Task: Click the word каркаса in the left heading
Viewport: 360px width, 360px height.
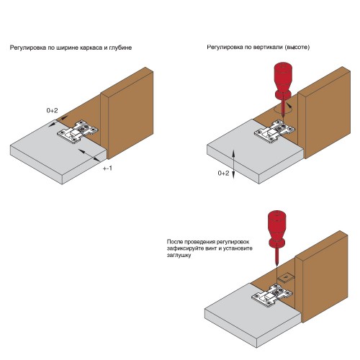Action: pyautogui.click(x=91, y=48)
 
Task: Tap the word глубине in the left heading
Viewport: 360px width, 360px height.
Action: pyautogui.click(x=120, y=48)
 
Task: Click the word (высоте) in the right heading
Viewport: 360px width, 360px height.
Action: pyautogui.click(x=297, y=48)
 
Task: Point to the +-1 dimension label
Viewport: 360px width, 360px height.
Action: pyautogui.click(x=107, y=168)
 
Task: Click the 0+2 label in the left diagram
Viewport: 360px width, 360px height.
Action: pyautogui.click(x=52, y=111)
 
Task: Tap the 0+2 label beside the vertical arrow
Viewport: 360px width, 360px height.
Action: pyautogui.click(x=223, y=173)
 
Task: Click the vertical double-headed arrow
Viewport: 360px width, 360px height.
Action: pyautogui.click(x=234, y=163)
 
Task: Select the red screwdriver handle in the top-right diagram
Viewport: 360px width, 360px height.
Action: pyautogui.click(x=284, y=81)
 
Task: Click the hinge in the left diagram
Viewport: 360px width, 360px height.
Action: pyautogui.click(x=78, y=132)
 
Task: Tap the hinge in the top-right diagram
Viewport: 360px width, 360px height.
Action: pyautogui.click(x=274, y=132)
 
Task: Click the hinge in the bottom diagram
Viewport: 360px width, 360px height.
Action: pyautogui.click(x=272, y=295)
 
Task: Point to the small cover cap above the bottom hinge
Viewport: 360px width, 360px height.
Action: pyautogui.click(x=286, y=278)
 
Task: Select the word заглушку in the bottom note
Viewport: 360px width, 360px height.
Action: pyautogui.click(x=179, y=256)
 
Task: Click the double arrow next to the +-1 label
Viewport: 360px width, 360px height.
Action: pyautogui.click(x=89, y=156)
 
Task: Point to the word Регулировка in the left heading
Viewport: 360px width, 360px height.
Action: pyautogui.click(x=28, y=48)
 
